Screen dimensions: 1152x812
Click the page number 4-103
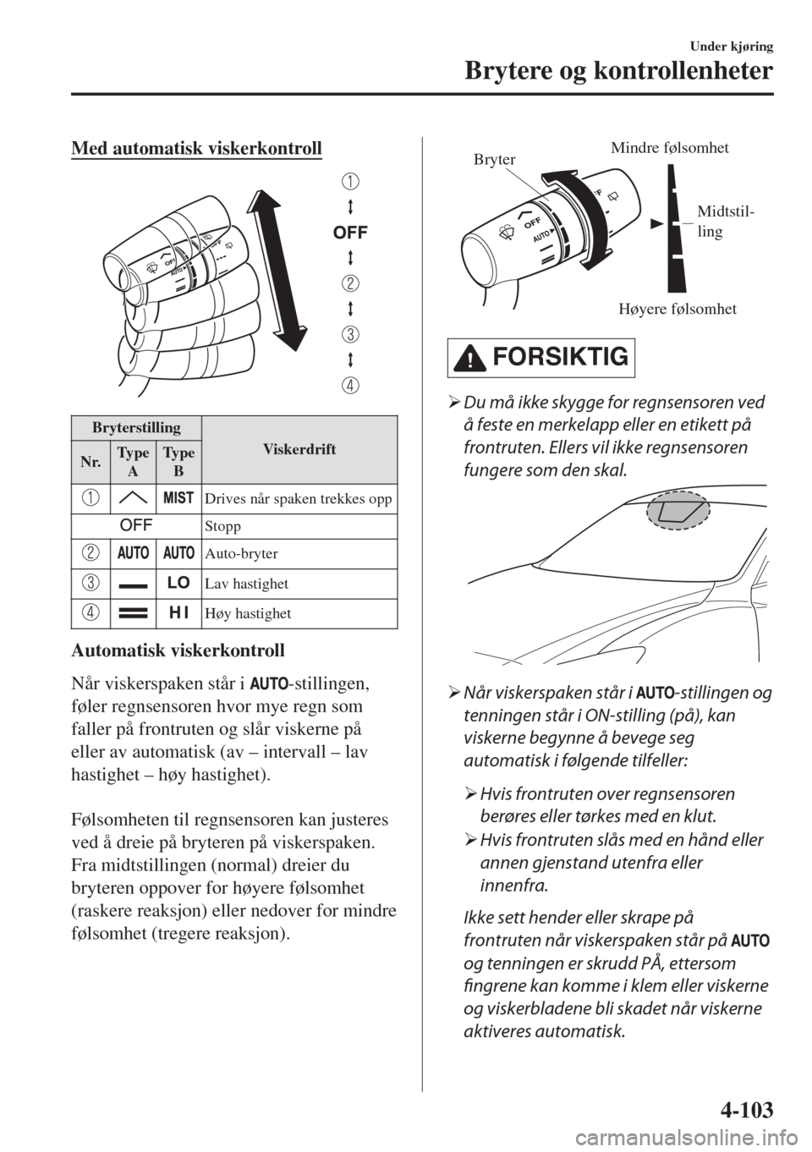(743, 1105)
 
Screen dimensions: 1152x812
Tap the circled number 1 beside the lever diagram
(349, 181)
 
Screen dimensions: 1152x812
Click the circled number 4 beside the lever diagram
(349, 385)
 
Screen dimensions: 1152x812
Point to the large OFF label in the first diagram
(349, 231)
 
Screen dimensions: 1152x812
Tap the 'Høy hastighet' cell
(238, 613)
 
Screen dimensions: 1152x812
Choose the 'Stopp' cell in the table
(222, 525)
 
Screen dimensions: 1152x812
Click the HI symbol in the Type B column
(178, 612)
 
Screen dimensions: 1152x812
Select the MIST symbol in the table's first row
(178, 498)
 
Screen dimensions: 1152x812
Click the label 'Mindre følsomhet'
(669, 149)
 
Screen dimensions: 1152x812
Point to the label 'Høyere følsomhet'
(677, 310)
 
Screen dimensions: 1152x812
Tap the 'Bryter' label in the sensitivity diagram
(494, 159)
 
